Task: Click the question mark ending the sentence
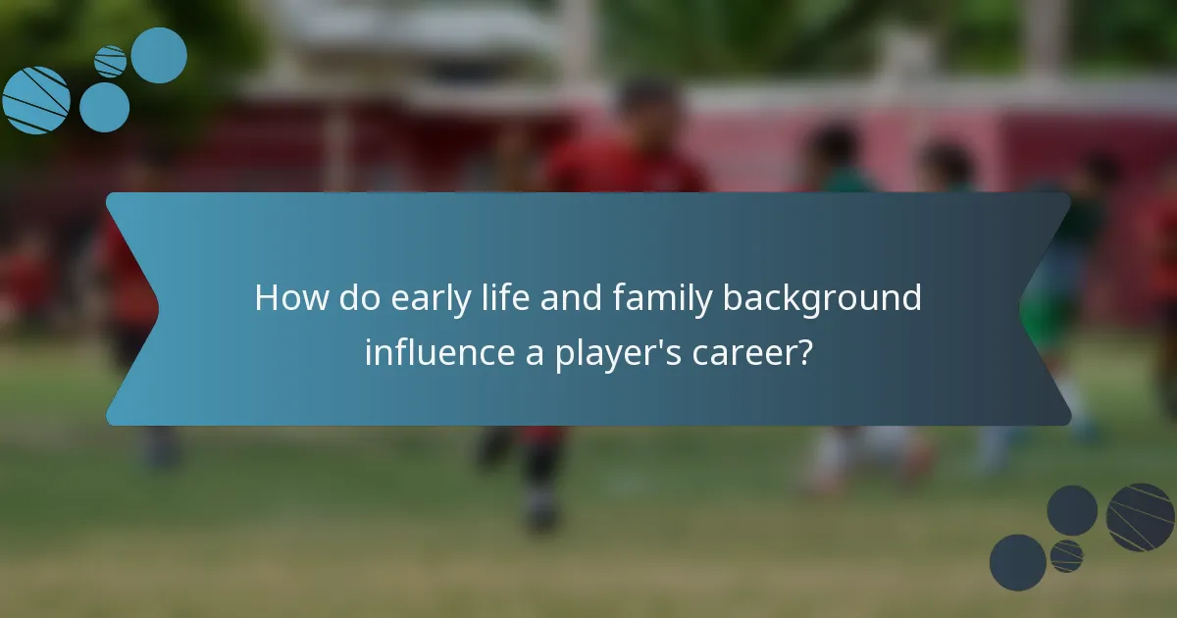click(804, 351)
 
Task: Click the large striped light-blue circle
click(36, 100)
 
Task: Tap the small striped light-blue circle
click(111, 62)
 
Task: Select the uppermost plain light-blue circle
click(159, 55)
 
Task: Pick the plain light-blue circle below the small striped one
click(104, 107)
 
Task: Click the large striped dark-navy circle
click(1141, 517)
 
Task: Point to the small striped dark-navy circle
click(1066, 556)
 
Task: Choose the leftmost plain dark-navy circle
click(1017, 562)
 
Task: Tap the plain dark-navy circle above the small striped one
click(1072, 510)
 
